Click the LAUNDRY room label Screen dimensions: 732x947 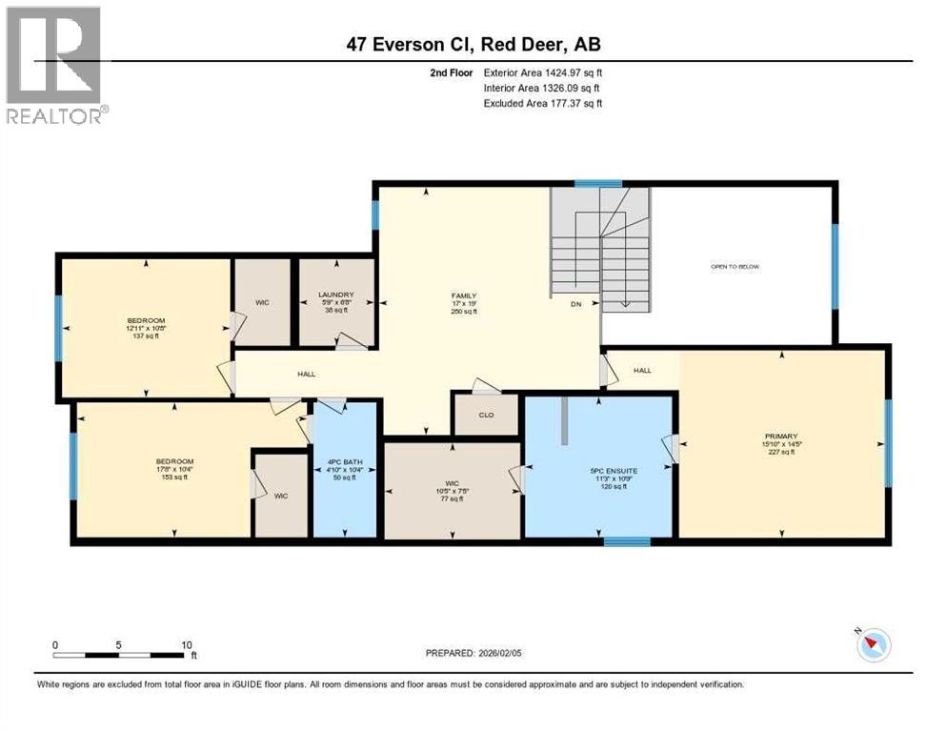pyautogui.click(x=335, y=295)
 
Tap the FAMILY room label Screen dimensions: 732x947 pyautogui.click(x=463, y=296)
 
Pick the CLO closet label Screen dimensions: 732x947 pyautogui.click(x=485, y=416)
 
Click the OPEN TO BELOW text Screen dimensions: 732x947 pyautogui.click(x=735, y=267)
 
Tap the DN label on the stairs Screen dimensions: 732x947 pyautogui.click(x=575, y=304)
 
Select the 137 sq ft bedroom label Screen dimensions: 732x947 pyautogui.click(x=146, y=320)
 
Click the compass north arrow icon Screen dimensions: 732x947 pyautogui.click(x=874, y=645)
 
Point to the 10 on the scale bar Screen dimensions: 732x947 pyautogui.click(x=187, y=644)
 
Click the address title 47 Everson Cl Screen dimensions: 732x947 pyautogui.click(x=473, y=43)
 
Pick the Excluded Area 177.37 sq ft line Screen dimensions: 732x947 pyautogui.click(x=543, y=103)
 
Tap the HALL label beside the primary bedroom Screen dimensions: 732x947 pyautogui.click(x=642, y=370)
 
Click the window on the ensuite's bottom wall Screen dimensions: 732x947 pyautogui.click(x=627, y=541)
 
